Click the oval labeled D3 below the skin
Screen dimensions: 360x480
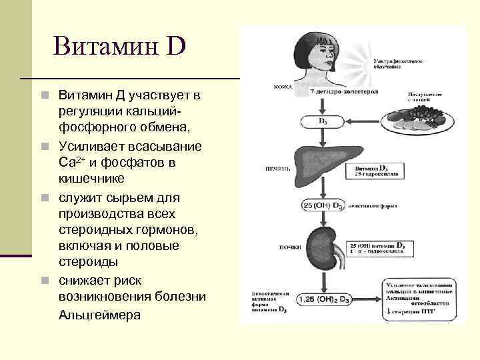point(322,122)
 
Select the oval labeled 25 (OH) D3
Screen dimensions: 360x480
point(323,205)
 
